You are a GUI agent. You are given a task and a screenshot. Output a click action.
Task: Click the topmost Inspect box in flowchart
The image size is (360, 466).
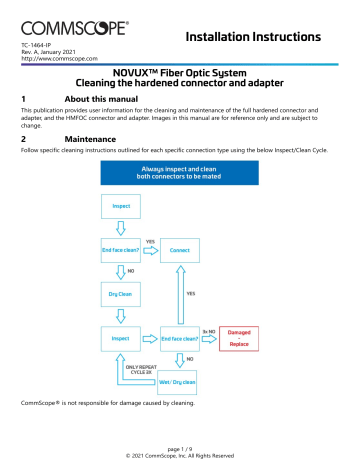pos(121,207)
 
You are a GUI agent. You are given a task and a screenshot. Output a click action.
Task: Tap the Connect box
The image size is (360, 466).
pos(179,250)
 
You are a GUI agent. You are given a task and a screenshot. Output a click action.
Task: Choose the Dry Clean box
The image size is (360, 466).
pos(121,295)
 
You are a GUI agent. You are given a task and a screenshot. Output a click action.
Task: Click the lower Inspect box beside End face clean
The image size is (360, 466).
pos(121,339)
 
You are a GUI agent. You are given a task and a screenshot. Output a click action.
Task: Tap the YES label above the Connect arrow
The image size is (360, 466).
pos(150,241)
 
